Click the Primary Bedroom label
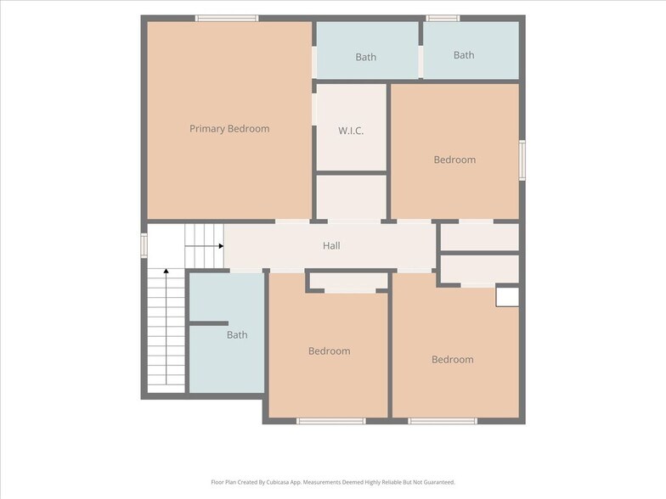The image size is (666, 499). coord(229,129)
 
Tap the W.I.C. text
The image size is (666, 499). coord(351,131)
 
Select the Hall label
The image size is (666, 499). coord(331,246)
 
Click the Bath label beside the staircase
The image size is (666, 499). coord(237,334)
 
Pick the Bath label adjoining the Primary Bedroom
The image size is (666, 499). coord(365,57)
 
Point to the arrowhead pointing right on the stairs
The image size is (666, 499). coord(221,246)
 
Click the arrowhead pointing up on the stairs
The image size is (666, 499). coord(166,271)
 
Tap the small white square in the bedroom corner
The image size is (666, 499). coord(508,297)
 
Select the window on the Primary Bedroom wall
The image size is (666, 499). coord(227,19)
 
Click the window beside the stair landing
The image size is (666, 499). coord(144,246)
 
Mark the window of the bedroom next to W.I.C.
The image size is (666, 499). coord(522,160)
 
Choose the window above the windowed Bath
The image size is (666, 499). coord(443,19)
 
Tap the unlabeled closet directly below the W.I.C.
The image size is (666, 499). coord(352,197)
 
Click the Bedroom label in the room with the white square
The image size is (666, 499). coord(452,360)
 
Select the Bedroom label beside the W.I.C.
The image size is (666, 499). coord(454,160)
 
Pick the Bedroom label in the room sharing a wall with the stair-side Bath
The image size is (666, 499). coord(330,351)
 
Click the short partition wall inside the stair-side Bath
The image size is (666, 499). coord(209,323)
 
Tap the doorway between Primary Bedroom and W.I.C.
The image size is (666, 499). coord(314,109)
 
